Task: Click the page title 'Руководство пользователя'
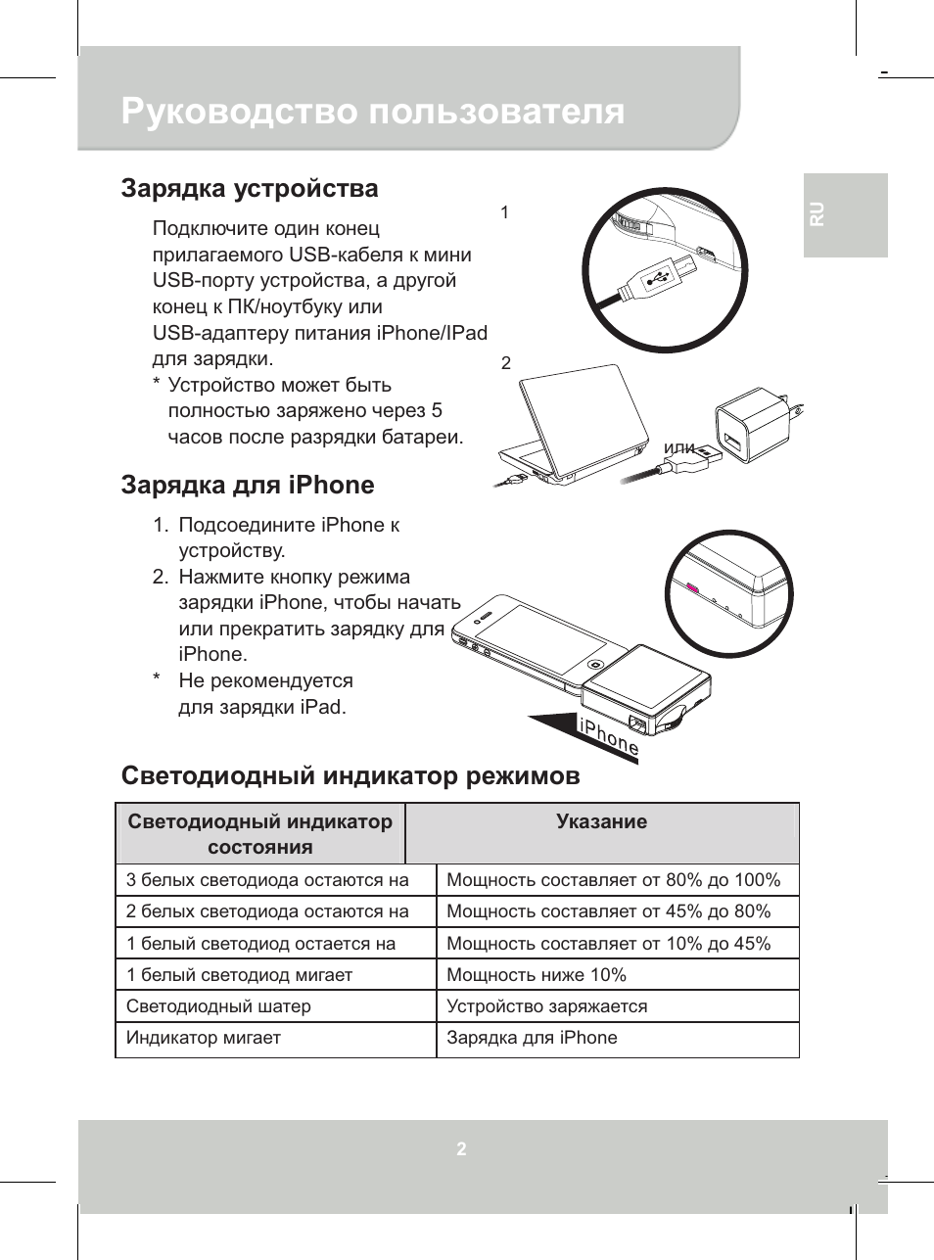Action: pos(372,112)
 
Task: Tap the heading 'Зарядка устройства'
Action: pos(250,188)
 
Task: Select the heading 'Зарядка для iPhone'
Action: pos(248,485)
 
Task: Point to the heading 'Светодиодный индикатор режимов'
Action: pos(350,775)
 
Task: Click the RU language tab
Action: pos(817,214)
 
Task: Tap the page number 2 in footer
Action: pos(461,1148)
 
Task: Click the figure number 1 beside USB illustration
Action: pos(504,211)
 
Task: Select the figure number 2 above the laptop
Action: pos(505,362)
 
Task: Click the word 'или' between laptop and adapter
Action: pos(678,448)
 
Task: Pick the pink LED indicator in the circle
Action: pos(693,589)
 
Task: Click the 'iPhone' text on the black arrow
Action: pos(608,737)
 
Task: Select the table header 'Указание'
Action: pos(601,821)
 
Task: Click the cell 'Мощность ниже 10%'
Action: pos(536,974)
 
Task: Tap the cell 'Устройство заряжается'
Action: pos(546,1005)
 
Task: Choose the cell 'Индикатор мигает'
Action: pos(204,1037)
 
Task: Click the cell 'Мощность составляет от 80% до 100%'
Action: pos(613,879)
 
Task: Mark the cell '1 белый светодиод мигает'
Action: pos(239,974)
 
